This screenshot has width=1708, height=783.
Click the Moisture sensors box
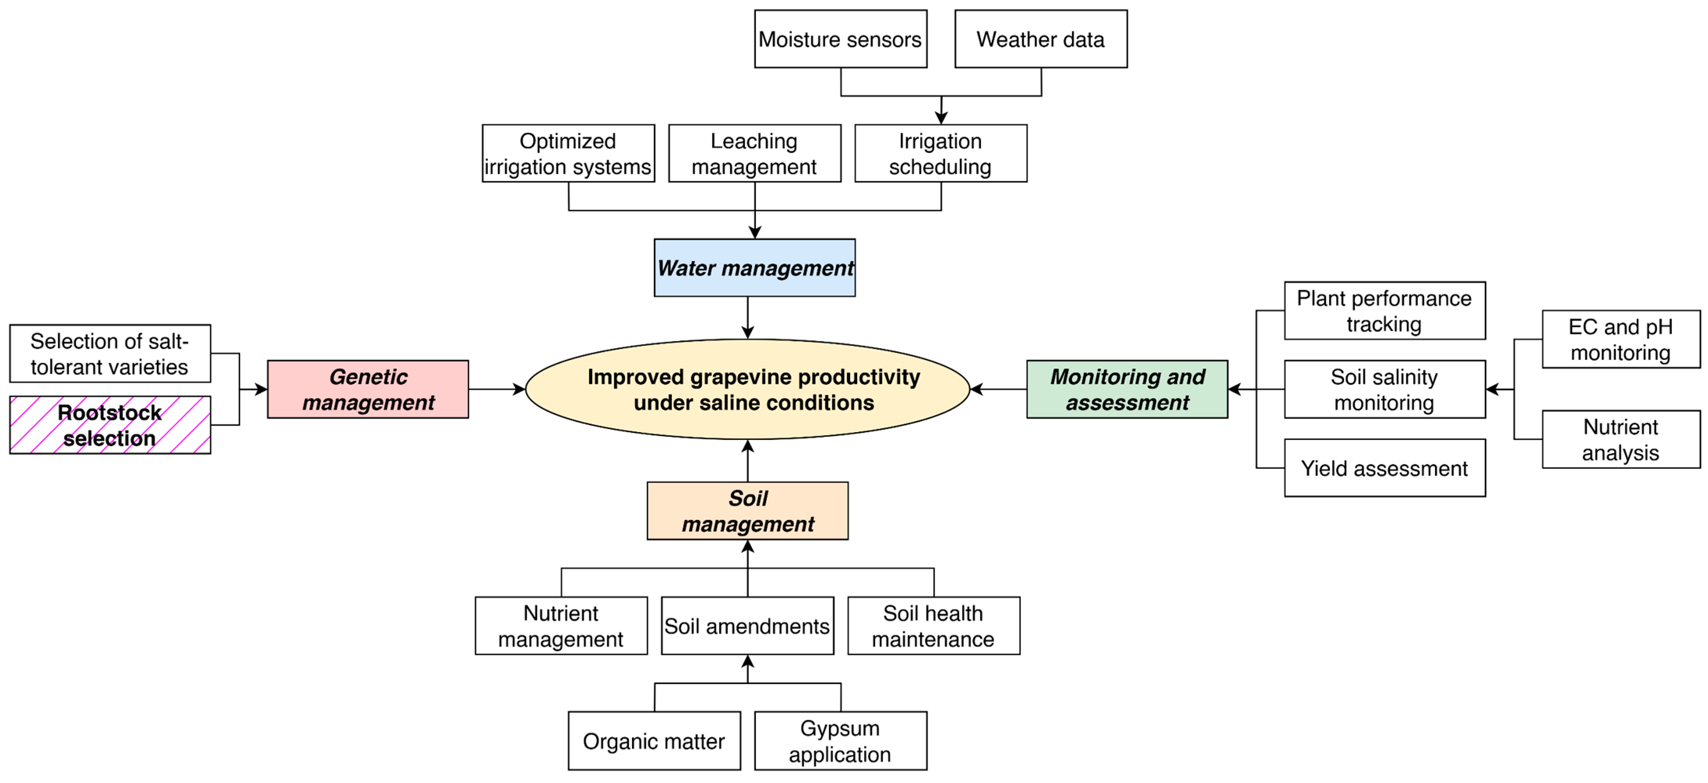click(x=840, y=39)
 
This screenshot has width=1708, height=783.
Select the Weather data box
click(x=1040, y=39)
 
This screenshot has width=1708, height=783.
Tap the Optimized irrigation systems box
click(x=567, y=153)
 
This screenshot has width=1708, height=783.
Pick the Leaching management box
click(x=754, y=153)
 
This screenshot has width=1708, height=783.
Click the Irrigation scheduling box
click(x=940, y=153)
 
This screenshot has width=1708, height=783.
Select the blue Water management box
click(x=754, y=268)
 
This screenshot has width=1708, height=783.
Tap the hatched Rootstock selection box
click(x=109, y=425)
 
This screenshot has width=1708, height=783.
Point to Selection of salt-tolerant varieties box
click(x=109, y=354)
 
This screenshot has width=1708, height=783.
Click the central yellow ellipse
click(x=747, y=389)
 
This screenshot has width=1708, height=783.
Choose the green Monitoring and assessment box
click(x=1127, y=389)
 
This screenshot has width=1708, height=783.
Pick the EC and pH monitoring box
click(x=1620, y=340)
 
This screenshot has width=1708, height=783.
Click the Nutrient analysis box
click(x=1620, y=440)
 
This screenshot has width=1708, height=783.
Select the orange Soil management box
click(x=747, y=510)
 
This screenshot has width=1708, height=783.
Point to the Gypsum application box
click(x=840, y=741)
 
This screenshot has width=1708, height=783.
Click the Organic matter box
click(x=654, y=741)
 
